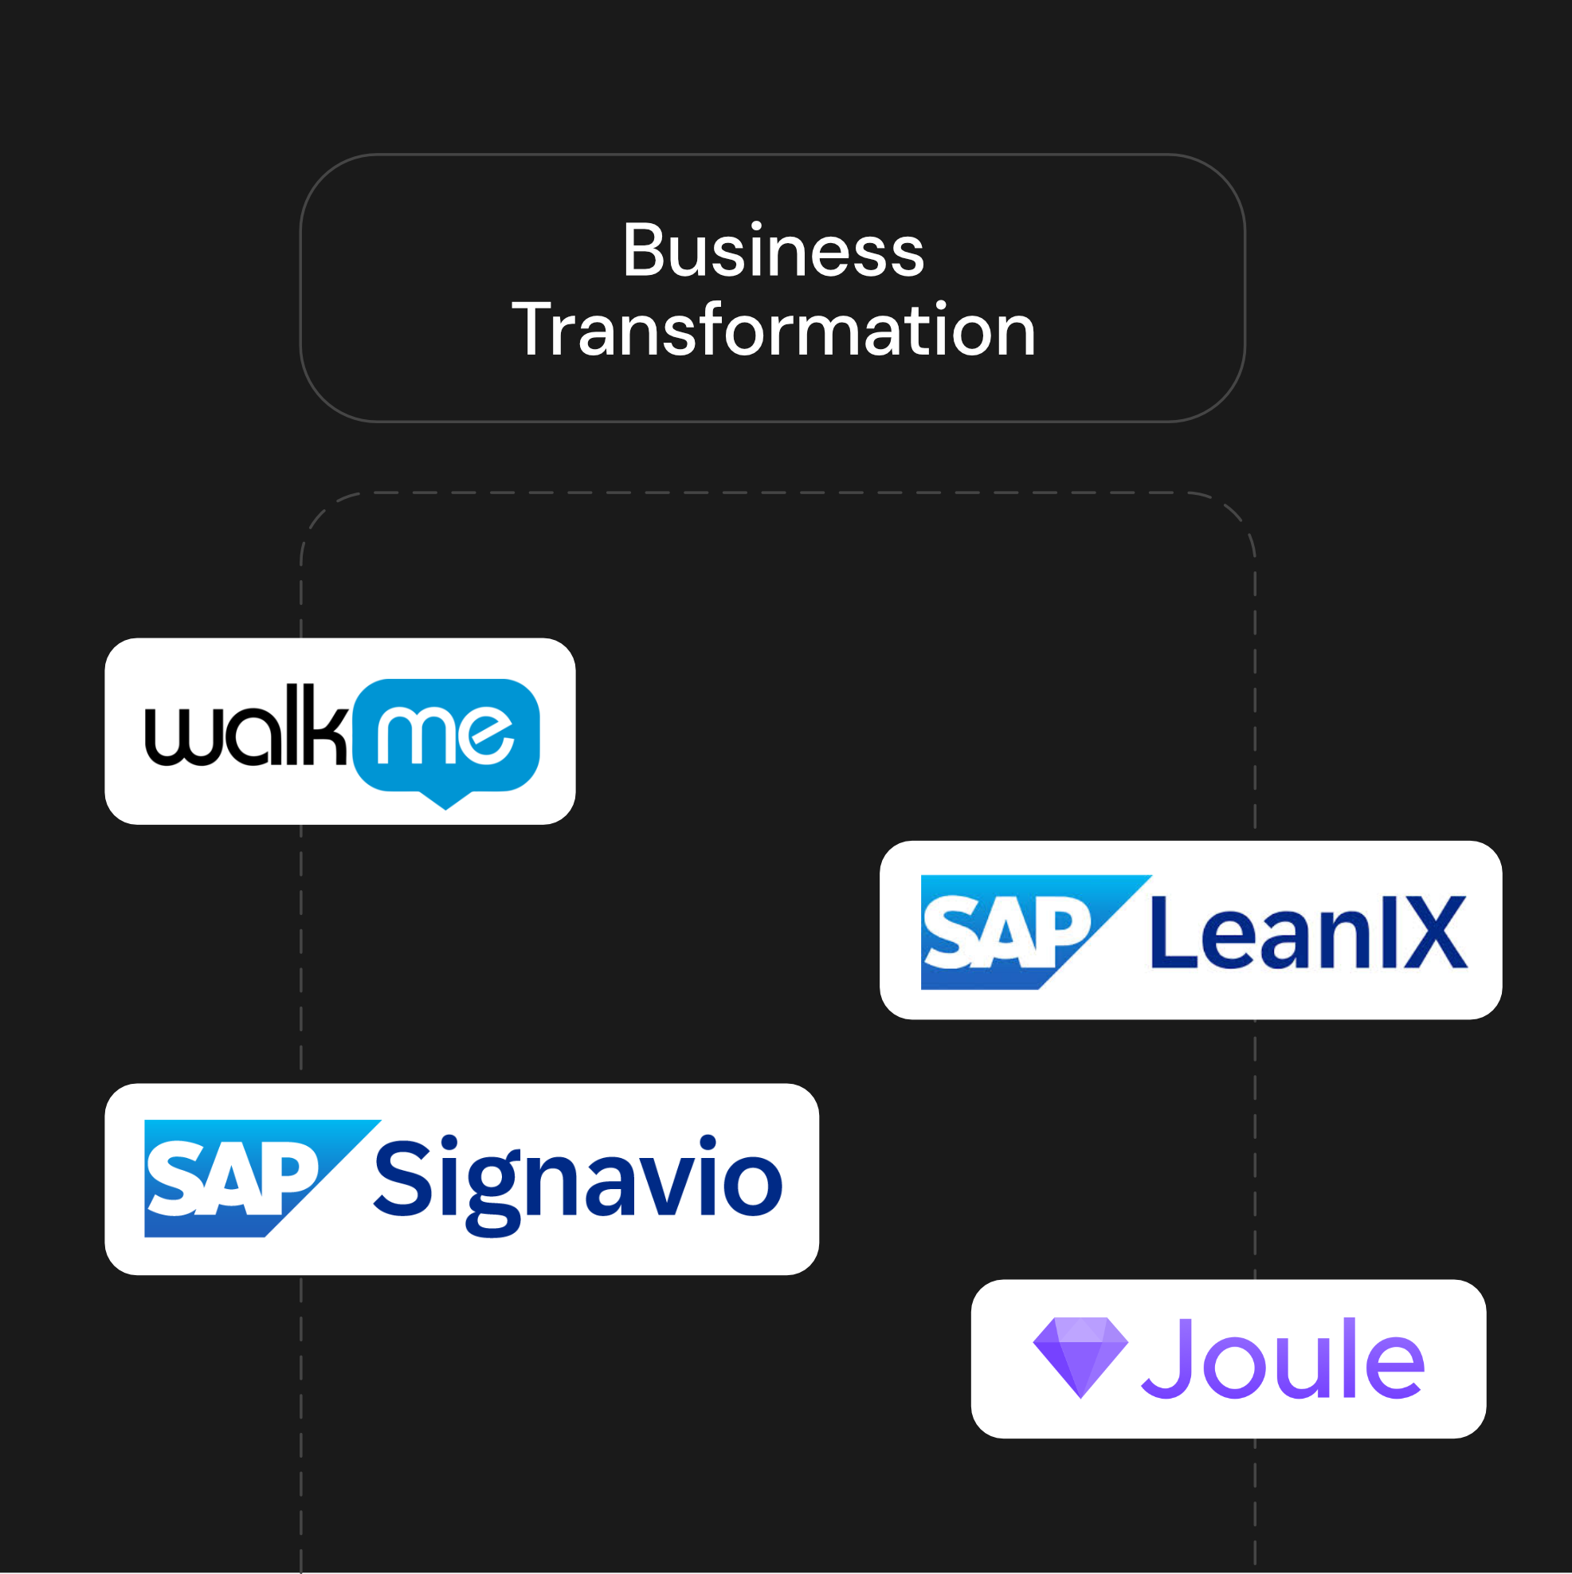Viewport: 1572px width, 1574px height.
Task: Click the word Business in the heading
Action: point(773,251)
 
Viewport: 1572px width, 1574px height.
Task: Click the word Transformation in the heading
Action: point(773,330)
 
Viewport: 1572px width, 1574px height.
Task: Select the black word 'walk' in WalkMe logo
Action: point(245,729)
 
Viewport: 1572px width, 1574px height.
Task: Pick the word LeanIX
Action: point(1308,932)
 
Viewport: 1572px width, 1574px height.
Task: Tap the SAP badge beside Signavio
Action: point(236,1178)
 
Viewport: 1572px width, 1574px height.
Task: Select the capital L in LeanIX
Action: point(1170,932)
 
